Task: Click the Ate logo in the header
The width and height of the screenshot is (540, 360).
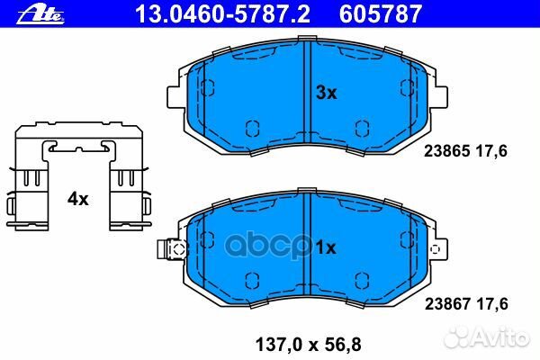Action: click(x=40, y=14)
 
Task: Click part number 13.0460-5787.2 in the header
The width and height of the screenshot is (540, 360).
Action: click(x=223, y=14)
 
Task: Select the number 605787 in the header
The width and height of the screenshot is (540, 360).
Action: click(x=381, y=14)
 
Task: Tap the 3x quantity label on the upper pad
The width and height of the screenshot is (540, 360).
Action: click(x=326, y=93)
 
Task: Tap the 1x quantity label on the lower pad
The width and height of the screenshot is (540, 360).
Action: click(x=326, y=247)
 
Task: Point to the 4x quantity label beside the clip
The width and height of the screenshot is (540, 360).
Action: click(x=77, y=199)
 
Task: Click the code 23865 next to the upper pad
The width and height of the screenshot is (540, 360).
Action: click(x=446, y=151)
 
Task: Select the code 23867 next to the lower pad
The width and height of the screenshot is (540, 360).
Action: click(x=447, y=304)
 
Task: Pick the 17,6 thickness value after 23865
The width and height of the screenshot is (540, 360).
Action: click(x=491, y=151)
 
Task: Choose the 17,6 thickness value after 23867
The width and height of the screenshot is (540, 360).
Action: click(x=492, y=304)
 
